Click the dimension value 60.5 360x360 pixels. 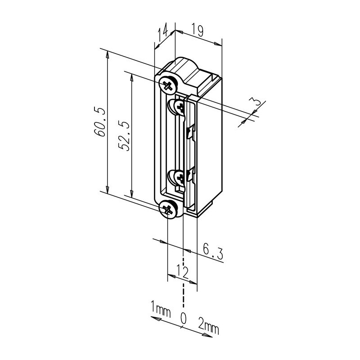coord(99,121)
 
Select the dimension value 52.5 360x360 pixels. coord(125,136)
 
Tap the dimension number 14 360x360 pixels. coord(162,31)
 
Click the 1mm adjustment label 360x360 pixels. coord(161,309)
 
